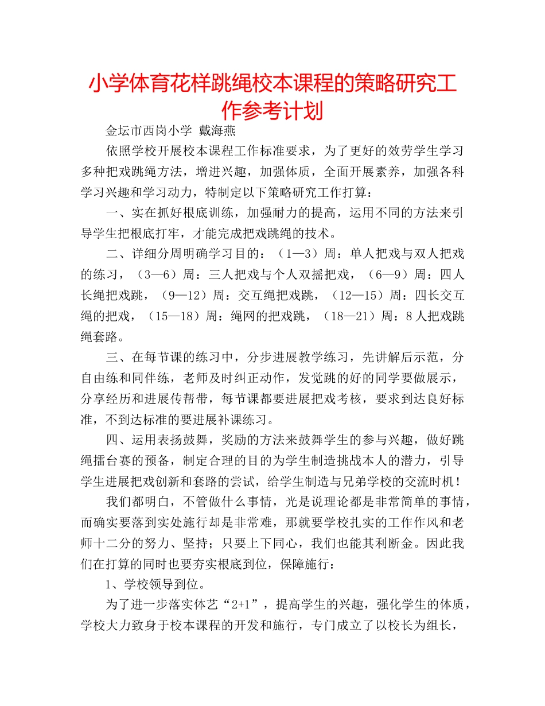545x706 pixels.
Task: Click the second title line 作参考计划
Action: pyautogui.click(x=272, y=109)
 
